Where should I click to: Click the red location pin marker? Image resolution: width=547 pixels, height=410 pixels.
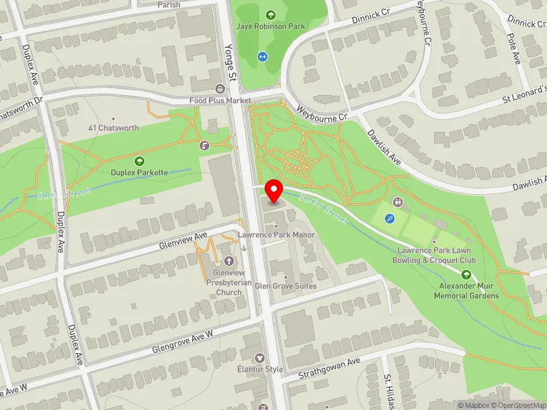coord(275,191)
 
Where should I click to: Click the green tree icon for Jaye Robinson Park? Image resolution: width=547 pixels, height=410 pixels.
coord(270,14)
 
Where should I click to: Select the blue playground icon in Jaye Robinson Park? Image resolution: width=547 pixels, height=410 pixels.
coord(262,57)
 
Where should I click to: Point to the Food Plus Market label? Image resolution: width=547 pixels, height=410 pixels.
coord(220,100)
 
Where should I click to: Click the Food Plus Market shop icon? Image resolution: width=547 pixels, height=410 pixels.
coord(220,89)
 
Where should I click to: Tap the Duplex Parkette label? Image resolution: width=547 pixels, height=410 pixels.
coord(139,172)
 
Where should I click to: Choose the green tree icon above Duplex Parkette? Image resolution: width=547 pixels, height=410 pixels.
coord(139,161)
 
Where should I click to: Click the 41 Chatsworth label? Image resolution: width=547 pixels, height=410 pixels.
coord(114,128)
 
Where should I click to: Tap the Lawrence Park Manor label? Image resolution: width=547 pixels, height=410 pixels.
coord(276,235)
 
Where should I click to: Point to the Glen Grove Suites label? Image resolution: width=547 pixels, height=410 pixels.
coord(285,286)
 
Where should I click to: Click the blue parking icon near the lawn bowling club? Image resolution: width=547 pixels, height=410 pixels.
coord(390,219)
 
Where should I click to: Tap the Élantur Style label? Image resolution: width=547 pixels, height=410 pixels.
coord(259,370)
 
